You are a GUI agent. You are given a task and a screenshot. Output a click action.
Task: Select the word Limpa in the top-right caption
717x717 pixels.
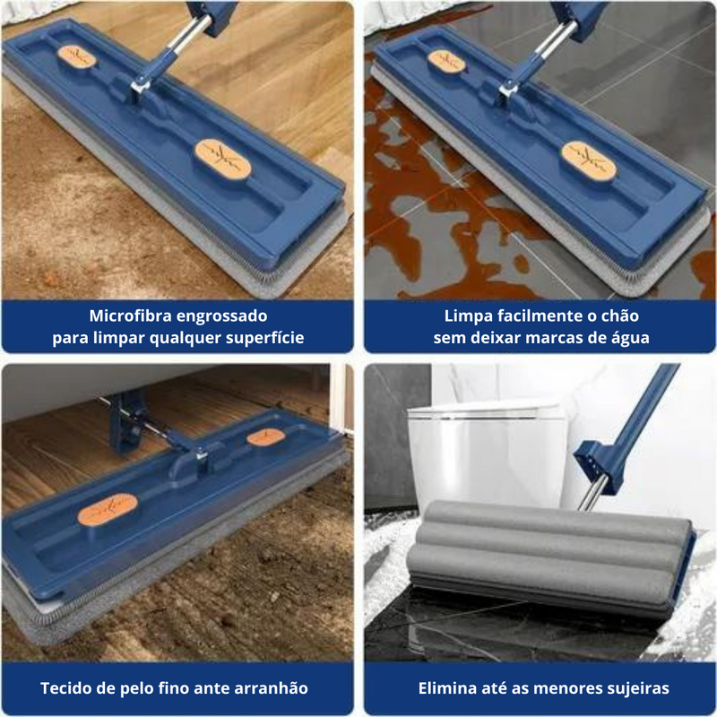pos(468,316)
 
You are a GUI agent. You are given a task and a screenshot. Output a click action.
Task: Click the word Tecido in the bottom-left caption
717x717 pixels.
pos(70,688)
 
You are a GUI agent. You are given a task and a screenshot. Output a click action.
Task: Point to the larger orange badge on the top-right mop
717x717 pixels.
pos(589,157)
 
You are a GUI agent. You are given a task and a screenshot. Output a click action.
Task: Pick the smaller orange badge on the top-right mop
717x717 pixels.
pos(446,60)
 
